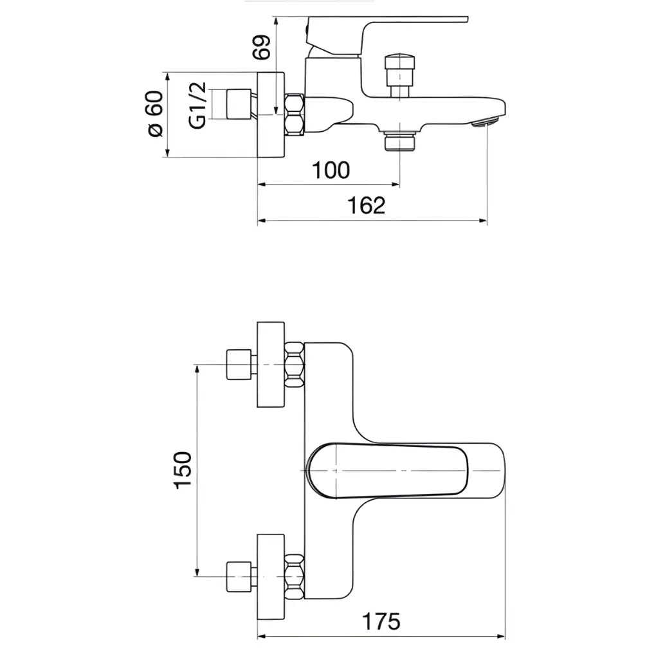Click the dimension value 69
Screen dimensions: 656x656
(x=262, y=47)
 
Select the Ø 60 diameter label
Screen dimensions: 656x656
(x=156, y=113)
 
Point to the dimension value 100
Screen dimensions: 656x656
(x=331, y=170)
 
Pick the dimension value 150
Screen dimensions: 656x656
(x=183, y=469)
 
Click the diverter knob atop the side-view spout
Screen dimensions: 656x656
(x=401, y=65)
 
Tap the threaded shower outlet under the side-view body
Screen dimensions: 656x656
(x=399, y=140)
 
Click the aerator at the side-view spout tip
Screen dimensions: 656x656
(x=487, y=122)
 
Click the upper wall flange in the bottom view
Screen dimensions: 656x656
(x=270, y=364)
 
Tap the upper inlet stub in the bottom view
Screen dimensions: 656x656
(x=239, y=364)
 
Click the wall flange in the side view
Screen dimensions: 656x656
(x=270, y=114)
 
